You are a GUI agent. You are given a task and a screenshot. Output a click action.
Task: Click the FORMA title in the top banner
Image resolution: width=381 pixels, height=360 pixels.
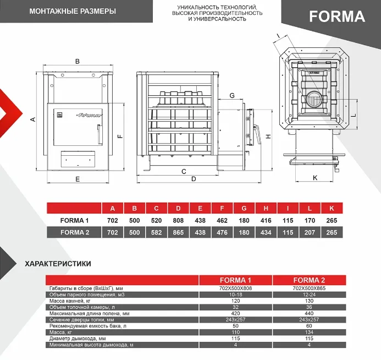coord(336,17)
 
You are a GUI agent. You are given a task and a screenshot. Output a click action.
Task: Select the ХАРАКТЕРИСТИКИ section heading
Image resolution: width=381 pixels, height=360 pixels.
coord(58,264)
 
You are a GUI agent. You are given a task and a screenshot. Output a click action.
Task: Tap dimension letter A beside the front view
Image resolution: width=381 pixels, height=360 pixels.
coord(33,119)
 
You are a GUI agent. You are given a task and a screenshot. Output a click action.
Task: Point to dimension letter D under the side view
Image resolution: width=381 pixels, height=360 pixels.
coord(194,179)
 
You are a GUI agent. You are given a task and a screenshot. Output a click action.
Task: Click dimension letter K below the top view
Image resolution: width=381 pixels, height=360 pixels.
coord(315,177)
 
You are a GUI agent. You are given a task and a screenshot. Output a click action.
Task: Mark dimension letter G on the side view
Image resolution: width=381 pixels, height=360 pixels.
coord(232,96)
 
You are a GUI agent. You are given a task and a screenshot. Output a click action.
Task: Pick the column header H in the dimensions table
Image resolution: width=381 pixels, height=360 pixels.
coord(266,208)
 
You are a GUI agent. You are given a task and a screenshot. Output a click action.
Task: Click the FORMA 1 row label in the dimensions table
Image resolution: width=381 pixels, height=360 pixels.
coord(74,220)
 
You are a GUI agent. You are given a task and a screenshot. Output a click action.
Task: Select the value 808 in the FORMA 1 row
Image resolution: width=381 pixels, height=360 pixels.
coord(178,220)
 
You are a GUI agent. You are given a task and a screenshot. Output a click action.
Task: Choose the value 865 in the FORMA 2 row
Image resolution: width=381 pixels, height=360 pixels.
coord(178,232)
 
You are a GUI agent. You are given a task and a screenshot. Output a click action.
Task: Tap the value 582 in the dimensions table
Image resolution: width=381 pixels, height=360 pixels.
coord(156,232)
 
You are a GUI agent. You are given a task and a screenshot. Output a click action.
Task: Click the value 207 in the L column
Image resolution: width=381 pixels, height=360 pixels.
coord(310,232)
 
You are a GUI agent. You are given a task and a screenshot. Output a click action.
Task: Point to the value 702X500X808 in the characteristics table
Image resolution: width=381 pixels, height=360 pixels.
coord(235,288)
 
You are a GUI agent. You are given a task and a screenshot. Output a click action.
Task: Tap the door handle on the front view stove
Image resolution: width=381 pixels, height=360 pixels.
coord(100,133)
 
